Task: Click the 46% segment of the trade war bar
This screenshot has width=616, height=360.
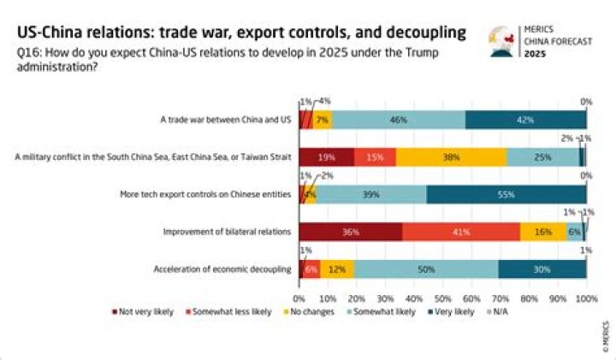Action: (x=398, y=120)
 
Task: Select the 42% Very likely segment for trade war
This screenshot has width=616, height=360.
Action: (x=525, y=120)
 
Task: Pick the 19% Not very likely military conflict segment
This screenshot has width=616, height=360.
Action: (x=326, y=157)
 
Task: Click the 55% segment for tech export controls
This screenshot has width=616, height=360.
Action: (x=506, y=195)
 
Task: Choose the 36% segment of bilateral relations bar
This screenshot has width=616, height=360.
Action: (x=350, y=232)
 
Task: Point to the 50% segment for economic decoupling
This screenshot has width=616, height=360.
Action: (x=426, y=269)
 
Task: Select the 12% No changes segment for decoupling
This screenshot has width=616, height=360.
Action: (x=337, y=269)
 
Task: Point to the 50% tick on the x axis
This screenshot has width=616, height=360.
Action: (x=443, y=298)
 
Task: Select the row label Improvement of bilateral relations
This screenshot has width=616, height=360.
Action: (x=227, y=232)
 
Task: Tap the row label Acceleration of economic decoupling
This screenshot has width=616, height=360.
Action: (x=223, y=269)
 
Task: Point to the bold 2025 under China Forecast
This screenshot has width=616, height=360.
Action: (x=534, y=54)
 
